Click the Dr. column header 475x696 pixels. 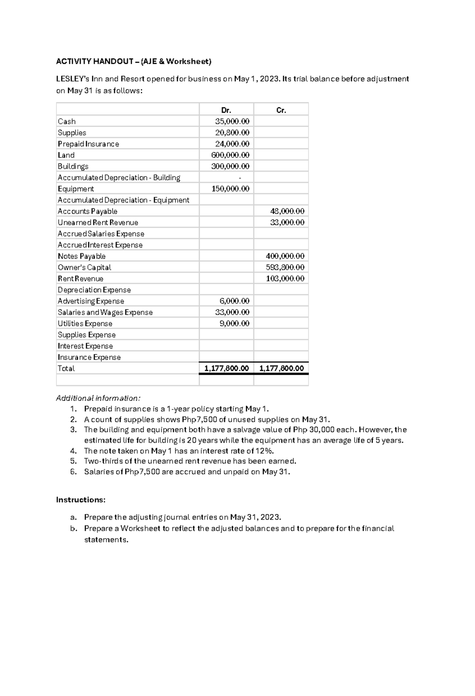pos(226,110)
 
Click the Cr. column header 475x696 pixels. pos(281,110)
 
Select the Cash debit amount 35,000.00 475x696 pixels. pos(232,121)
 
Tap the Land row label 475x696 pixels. pos(66,155)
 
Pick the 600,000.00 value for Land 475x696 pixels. pos(230,155)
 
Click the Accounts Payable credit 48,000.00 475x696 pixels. pos(287,211)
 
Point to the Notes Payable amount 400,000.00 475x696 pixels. pos(285,256)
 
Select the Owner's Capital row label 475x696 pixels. pos(84,267)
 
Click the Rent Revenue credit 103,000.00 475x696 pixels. pos(285,279)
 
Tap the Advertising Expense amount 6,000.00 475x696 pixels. pos(234,301)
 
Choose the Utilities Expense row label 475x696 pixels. pos(85,324)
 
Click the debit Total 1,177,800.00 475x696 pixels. pos(226,368)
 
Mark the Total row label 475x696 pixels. pos(66,368)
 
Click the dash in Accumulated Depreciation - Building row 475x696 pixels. pos(240,178)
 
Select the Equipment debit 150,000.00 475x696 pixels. pos(230,189)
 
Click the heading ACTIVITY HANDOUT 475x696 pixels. pos(95,61)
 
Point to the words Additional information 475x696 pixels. pos(98,398)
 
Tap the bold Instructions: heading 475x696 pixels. pos(81,500)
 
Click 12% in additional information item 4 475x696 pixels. pos(265,451)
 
